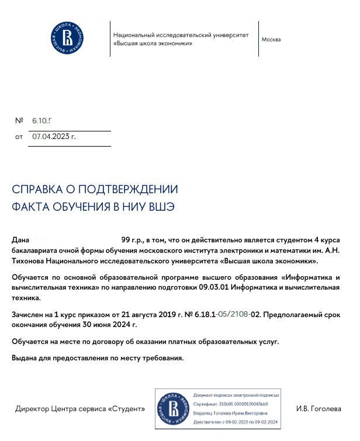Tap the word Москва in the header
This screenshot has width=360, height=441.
pos(271,40)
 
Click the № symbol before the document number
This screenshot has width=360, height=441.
pos(19,120)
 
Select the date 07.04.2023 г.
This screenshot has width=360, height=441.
pos(54,137)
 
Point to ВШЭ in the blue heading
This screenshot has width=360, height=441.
pos(161,207)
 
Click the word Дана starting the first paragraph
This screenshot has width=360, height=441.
pos(20,240)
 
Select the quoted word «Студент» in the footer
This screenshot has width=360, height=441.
pos(127,409)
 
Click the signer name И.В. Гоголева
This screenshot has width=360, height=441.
pos(319,409)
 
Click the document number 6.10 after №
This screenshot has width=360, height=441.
pos(42,120)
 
